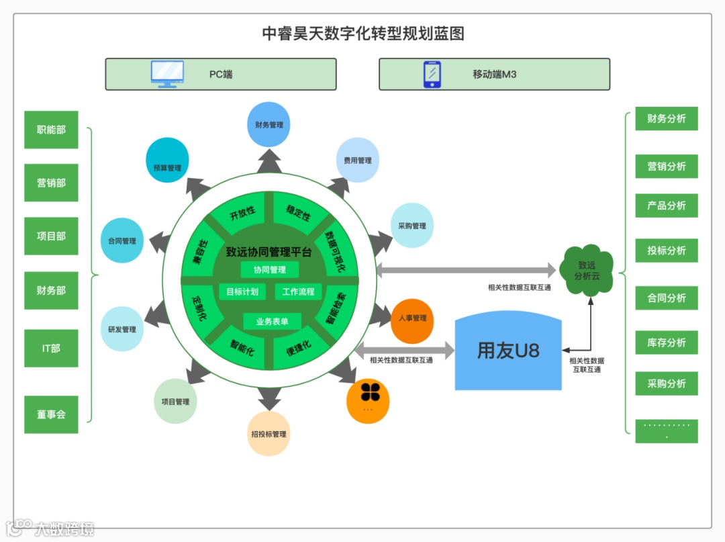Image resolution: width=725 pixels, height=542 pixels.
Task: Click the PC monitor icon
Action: [x=167, y=74]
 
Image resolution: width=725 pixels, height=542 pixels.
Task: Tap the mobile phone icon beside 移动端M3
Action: [x=432, y=74]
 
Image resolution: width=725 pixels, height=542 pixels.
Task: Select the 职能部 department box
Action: [x=52, y=130]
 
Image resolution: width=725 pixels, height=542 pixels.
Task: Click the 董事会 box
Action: [x=52, y=414]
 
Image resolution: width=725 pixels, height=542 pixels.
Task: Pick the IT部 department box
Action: [x=52, y=348]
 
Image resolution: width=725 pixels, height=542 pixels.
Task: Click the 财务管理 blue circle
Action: [x=269, y=124]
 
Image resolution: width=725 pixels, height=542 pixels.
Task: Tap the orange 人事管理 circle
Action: [x=412, y=318]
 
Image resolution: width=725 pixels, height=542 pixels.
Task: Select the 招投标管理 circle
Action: [x=269, y=434]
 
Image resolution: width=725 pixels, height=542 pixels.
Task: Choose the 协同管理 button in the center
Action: [x=269, y=269]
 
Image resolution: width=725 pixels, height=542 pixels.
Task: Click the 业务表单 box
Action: [x=272, y=322]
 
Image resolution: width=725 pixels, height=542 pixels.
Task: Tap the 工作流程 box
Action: [x=298, y=292]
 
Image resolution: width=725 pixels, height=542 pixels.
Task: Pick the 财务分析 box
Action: [x=666, y=119]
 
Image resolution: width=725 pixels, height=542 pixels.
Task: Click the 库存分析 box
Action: [x=666, y=343]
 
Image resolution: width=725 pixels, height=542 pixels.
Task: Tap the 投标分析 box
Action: [x=666, y=251]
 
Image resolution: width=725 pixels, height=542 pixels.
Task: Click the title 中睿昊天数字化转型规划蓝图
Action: [x=362, y=34]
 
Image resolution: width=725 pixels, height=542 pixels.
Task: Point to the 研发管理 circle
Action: [x=122, y=329]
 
